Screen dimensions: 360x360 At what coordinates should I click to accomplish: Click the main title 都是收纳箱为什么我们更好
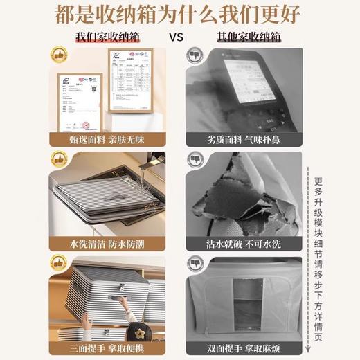click(179, 15)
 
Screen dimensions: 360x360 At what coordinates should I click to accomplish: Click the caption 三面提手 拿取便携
click(104, 346)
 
